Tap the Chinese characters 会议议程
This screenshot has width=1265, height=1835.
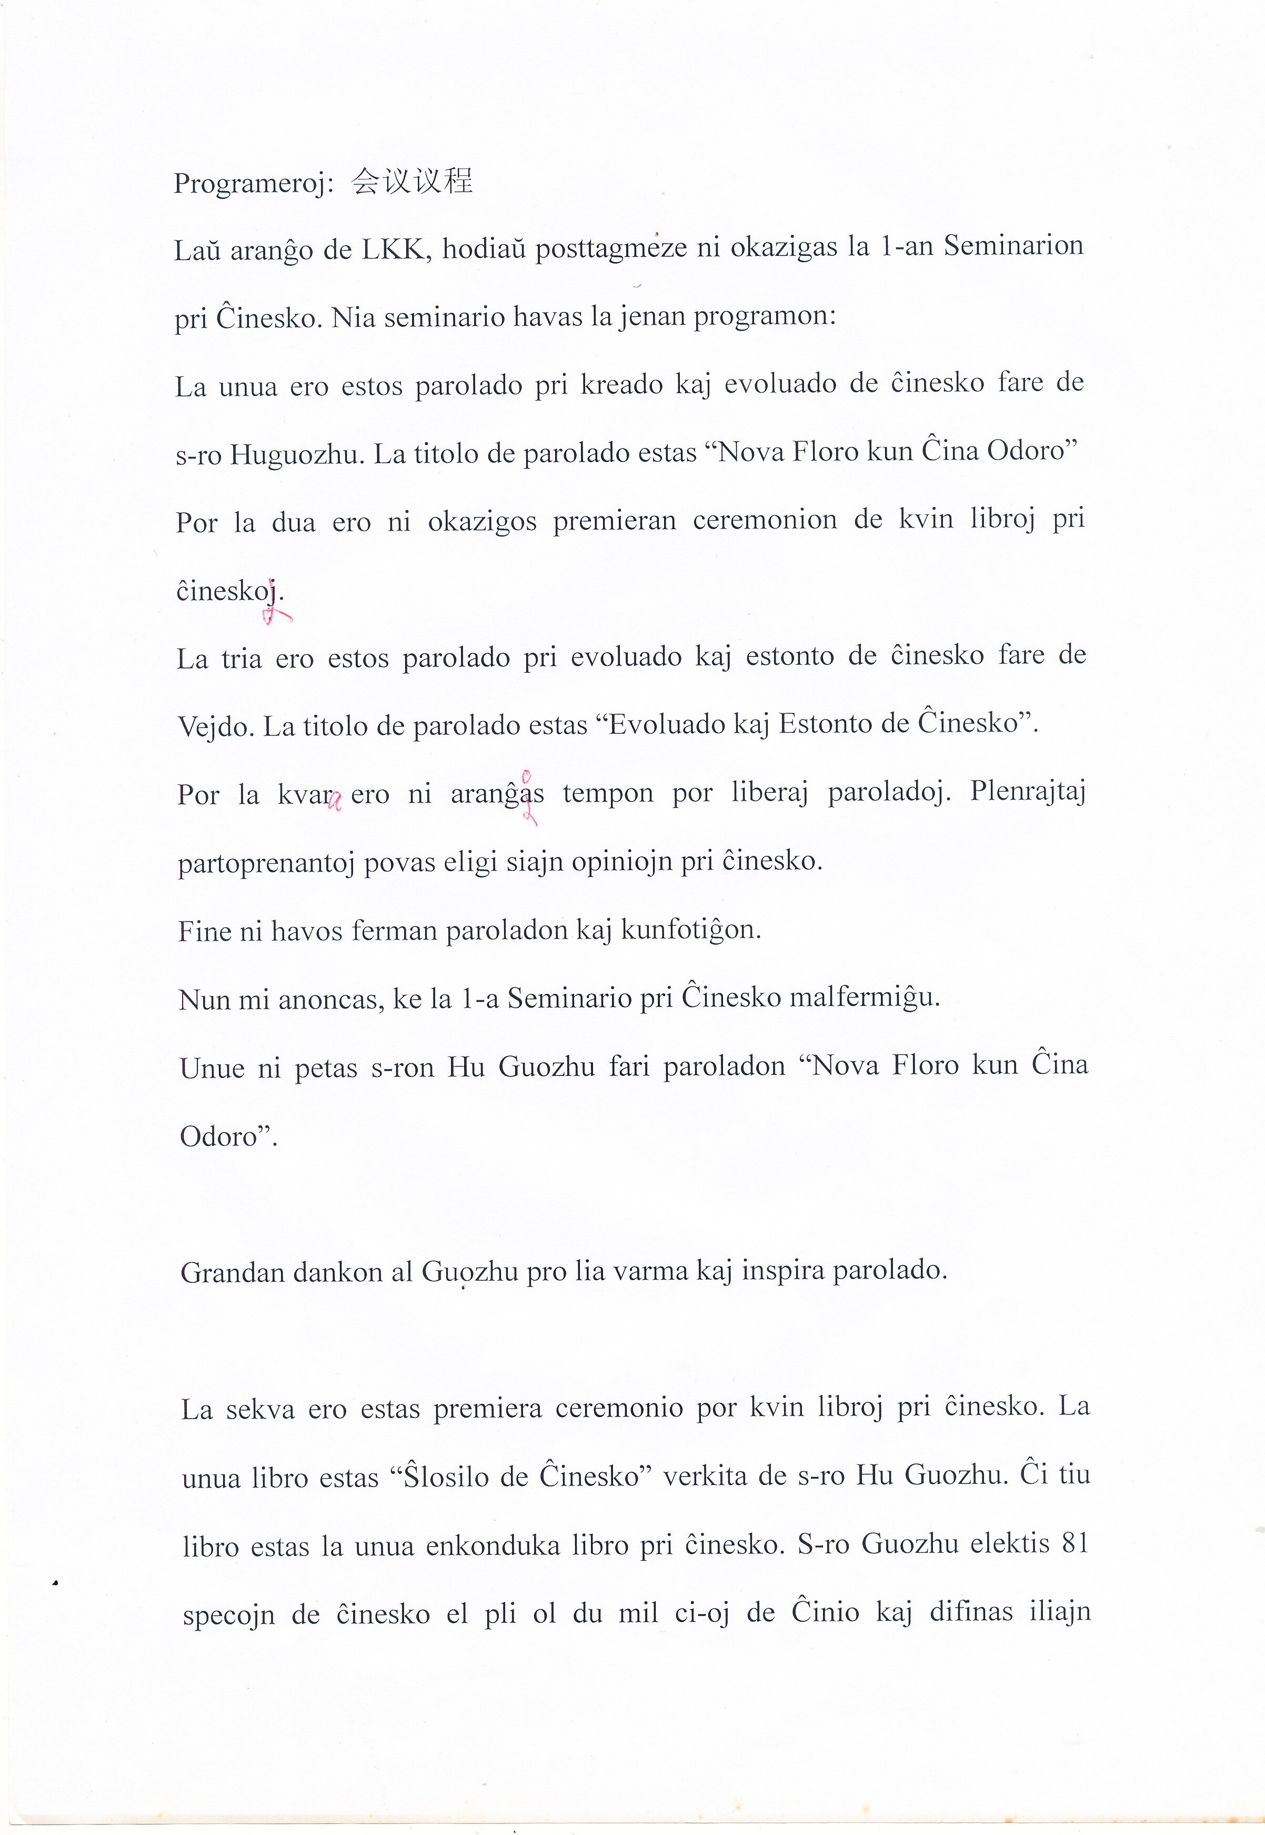[412, 182]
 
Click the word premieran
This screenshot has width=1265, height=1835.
[614, 521]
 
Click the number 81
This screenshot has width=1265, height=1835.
[1074, 1543]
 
